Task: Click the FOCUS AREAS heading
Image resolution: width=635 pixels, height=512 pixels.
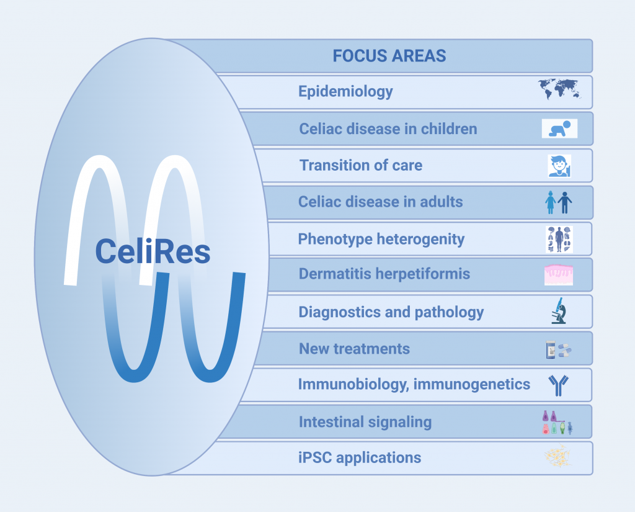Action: pos(389,56)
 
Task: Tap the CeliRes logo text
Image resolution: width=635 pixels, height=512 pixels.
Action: pos(153,251)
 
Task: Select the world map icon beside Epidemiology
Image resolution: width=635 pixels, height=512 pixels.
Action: pos(560,89)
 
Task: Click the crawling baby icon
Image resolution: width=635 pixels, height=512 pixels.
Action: pos(560,128)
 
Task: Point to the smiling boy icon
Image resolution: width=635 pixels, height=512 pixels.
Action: pos(560,166)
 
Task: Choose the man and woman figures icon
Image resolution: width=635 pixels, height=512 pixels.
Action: pos(559,202)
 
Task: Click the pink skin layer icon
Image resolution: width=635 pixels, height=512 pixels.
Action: pos(559,275)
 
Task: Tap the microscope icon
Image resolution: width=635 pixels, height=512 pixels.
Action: pos(559,310)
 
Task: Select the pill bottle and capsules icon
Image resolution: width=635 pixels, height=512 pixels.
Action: pos(559,349)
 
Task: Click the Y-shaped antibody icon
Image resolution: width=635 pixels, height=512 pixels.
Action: pos(559,385)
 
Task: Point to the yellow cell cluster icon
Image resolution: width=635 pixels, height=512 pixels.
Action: pos(558,456)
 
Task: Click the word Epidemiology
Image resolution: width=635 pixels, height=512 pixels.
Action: pos(345,92)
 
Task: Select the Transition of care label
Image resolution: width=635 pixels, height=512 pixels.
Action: pos(361,166)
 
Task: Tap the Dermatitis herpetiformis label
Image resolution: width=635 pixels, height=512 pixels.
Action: pos(384,274)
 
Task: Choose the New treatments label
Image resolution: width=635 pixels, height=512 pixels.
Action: pos(354,349)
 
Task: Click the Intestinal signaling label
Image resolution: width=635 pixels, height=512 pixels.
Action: pos(365,422)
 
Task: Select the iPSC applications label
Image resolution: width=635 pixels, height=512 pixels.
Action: pos(360,457)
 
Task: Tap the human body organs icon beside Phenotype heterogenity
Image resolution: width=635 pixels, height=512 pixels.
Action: pos(559,239)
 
